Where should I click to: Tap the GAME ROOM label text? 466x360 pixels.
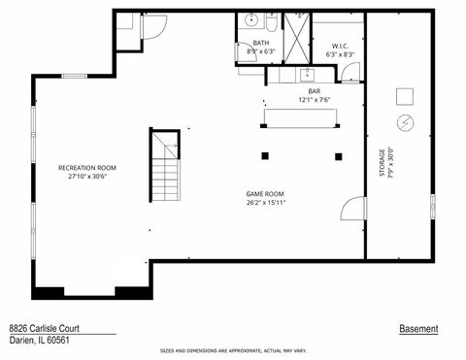click(x=264, y=194)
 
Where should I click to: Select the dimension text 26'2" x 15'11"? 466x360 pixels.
click(x=264, y=204)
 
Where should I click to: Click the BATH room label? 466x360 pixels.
click(x=260, y=43)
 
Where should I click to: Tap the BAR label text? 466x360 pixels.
click(x=301, y=90)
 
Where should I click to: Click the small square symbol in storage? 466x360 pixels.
click(x=405, y=95)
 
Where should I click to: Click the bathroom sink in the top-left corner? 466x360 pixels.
click(x=250, y=19)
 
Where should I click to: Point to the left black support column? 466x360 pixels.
click(x=264, y=155)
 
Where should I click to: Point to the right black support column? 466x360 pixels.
click(x=339, y=155)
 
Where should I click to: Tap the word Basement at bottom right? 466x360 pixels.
click(x=418, y=329)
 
